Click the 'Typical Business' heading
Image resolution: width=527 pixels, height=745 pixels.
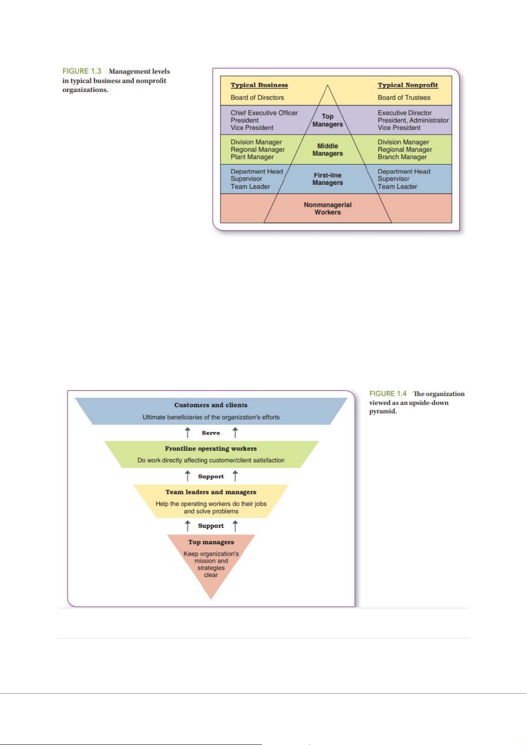[259, 85]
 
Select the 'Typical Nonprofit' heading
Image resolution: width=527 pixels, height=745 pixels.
[408, 85]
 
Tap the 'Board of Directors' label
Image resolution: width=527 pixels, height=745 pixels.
[257, 98]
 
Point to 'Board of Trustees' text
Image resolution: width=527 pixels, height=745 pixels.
[404, 98]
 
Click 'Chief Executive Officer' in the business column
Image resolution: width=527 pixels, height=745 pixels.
[264, 113]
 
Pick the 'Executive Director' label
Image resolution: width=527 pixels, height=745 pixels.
[404, 113]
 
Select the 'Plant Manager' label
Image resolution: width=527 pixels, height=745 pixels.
[252, 157]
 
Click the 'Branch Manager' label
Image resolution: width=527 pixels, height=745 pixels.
[402, 157]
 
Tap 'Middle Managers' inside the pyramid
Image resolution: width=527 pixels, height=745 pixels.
[327, 150]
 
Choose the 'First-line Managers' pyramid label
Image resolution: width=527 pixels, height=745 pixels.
[327, 179]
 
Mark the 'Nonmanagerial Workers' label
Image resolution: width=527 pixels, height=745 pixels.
[327, 209]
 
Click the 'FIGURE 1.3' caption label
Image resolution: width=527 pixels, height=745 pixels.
[82, 71]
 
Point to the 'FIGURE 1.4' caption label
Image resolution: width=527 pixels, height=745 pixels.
[388, 394]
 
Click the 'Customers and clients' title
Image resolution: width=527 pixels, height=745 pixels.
[211, 405]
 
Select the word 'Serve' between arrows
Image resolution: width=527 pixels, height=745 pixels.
[211, 433]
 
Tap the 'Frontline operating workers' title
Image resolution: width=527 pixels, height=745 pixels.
[211, 448]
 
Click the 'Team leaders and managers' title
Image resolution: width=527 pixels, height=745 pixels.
[211, 492]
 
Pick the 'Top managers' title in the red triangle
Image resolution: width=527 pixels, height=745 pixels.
[211, 542]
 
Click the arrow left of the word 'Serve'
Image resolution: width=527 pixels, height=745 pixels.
[188, 432]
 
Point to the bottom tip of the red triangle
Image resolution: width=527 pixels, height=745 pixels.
[211, 598]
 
